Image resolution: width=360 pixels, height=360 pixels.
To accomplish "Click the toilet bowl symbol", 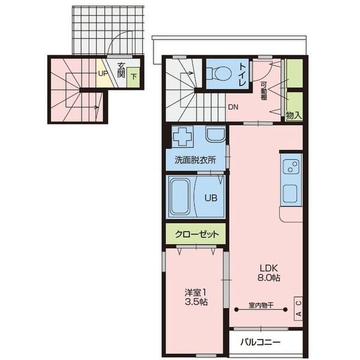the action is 218,73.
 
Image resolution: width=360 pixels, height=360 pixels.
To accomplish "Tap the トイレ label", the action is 242,74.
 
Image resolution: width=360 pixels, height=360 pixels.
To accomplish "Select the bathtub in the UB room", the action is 181,197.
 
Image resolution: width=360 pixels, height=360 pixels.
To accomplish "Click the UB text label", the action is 211,198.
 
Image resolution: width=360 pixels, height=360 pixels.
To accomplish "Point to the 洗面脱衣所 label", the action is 195,160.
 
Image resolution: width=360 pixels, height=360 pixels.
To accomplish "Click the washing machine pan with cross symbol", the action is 182,137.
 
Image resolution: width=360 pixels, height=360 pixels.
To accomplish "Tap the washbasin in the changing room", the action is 215,136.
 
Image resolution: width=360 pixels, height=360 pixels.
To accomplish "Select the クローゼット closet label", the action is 197,235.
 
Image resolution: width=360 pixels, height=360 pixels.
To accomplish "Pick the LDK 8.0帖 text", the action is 269,273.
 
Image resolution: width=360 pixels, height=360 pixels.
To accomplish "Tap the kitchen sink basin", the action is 290,193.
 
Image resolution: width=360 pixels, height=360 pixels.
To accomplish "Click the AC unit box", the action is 298,308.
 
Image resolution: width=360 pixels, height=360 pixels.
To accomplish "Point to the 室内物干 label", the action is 261,305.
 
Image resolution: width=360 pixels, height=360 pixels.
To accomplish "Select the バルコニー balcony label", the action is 260,343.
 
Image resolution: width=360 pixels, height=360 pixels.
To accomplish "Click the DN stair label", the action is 233,107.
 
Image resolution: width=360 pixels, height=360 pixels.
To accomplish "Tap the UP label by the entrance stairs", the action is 103,73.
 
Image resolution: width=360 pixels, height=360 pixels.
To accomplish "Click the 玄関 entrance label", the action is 121,70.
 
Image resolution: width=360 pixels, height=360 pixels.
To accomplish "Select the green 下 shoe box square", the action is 133,77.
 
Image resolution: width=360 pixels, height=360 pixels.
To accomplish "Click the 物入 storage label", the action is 294,115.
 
